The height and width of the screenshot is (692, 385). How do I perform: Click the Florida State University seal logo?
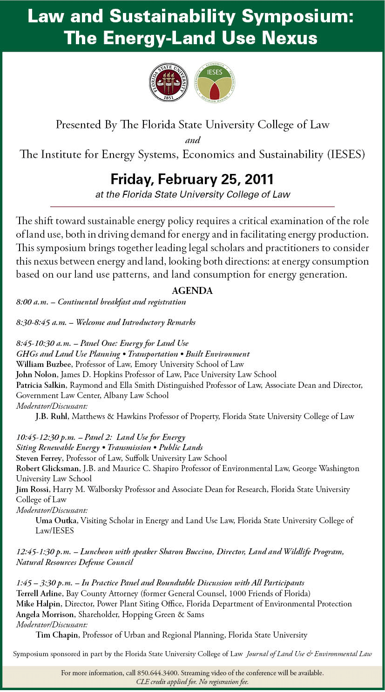(169, 82)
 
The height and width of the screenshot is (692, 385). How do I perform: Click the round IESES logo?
(215, 82)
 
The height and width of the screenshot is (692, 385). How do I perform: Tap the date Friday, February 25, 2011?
(192, 179)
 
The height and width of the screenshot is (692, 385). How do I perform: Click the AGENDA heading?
(192, 291)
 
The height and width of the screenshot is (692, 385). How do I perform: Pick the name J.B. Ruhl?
(52, 416)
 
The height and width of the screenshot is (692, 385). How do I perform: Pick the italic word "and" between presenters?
(192, 140)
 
